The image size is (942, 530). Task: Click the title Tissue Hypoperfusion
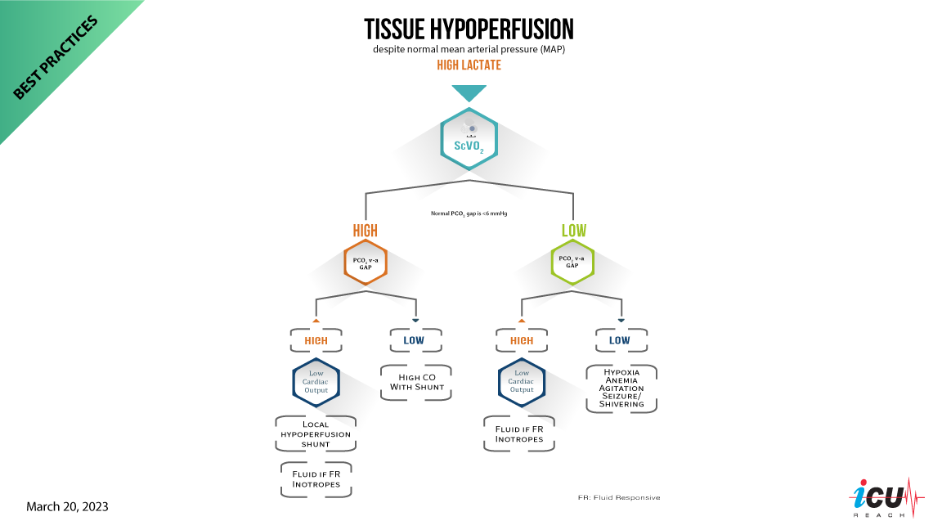click(x=469, y=29)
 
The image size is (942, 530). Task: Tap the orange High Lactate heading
click(x=469, y=65)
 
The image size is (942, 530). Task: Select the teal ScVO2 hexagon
click(x=469, y=140)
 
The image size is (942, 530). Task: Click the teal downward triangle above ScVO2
click(x=469, y=92)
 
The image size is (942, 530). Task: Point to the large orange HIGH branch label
click(x=365, y=231)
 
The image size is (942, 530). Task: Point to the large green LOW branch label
click(x=573, y=231)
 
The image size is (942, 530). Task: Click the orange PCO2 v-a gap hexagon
click(x=365, y=263)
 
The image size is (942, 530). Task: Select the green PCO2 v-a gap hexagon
click(x=573, y=263)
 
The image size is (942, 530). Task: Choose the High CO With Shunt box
click(x=415, y=382)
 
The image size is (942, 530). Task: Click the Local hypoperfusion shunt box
click(x=316, y=433)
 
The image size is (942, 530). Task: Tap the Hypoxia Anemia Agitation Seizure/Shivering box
click(x=621, y=389)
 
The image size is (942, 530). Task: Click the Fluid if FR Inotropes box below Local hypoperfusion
click(x=316, y=479)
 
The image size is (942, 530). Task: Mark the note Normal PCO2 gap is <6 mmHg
click(x=469, y=213)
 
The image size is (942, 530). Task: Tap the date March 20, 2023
click(x=67, y=507)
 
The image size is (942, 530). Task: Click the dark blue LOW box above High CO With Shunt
click(x=415, y=340)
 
